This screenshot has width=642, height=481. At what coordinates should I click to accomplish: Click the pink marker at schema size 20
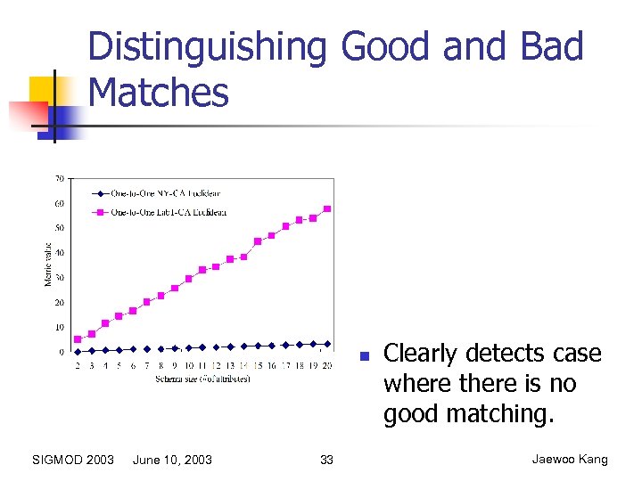click(x=327, y=208)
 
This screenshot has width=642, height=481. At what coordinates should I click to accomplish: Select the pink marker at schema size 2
click(x=78, y=339)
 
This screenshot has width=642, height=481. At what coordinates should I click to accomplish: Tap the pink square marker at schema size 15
click(x=258, y=241)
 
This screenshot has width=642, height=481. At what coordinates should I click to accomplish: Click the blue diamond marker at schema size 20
click(x=327, y=343)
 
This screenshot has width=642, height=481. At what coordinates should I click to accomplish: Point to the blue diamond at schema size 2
click(x=78, y=352)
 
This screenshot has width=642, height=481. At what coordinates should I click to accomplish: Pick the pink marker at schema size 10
click(x=188, y=279)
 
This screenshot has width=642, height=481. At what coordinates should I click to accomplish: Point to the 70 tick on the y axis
click(x=59, y=178)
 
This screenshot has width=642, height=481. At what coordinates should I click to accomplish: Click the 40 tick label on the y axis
click(x=59, y=253)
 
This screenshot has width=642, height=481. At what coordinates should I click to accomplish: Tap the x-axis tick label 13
click(x=230, y=366)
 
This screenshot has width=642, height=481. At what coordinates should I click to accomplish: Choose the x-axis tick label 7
click(x=147, y=366)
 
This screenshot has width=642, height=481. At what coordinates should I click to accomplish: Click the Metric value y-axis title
click(x=48, y=265)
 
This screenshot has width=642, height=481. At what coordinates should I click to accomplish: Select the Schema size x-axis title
click(x=202, y=379)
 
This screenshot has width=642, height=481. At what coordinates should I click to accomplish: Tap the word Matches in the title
click(x=159, y=92)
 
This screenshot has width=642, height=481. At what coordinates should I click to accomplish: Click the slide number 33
click(x=326, y=460)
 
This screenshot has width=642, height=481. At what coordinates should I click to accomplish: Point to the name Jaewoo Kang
click(x=570, y=460)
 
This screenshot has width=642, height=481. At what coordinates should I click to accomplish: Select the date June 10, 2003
click(x=172, y=460)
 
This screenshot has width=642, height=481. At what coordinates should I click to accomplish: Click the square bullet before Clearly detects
click(x=364, y=356)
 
